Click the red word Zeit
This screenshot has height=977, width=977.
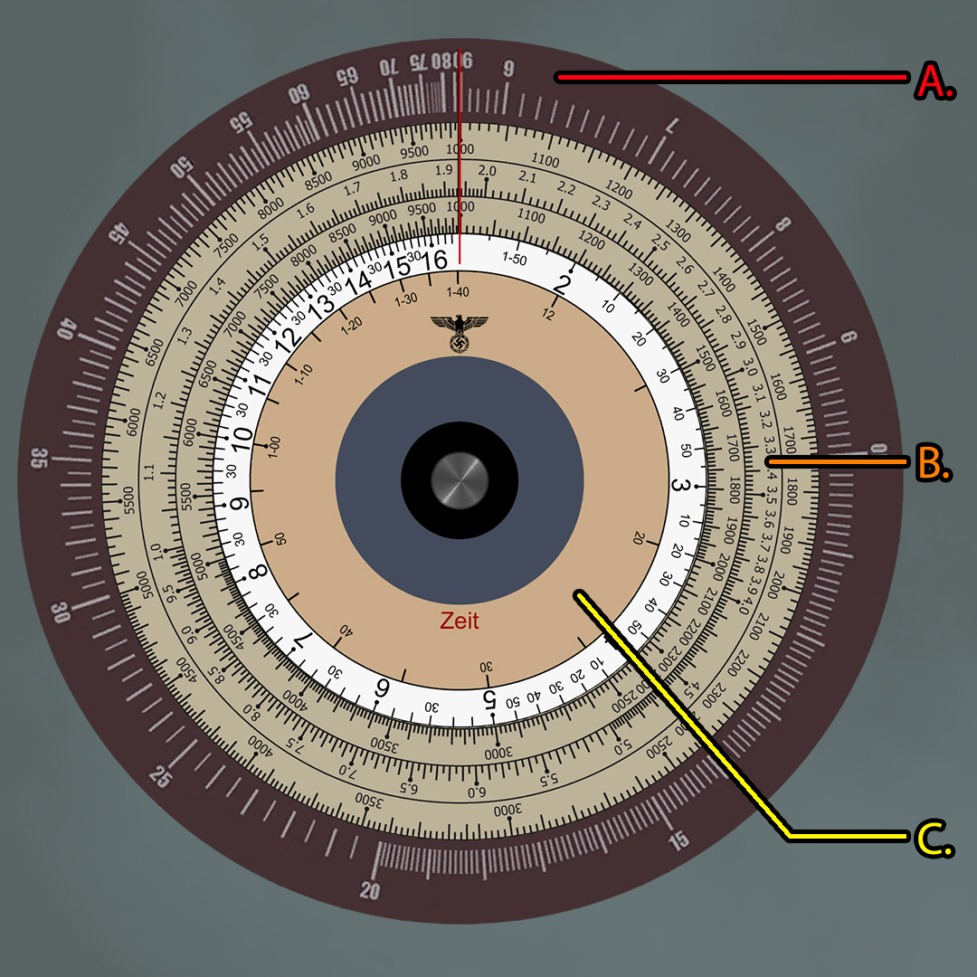460,621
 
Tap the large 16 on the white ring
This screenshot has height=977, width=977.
435,261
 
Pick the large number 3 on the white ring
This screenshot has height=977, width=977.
684,486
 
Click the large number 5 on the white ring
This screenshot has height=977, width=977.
489,698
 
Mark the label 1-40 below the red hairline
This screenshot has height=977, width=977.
459,291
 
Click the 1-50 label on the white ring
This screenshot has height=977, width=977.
514,259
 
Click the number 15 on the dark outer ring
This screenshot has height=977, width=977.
678,839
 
